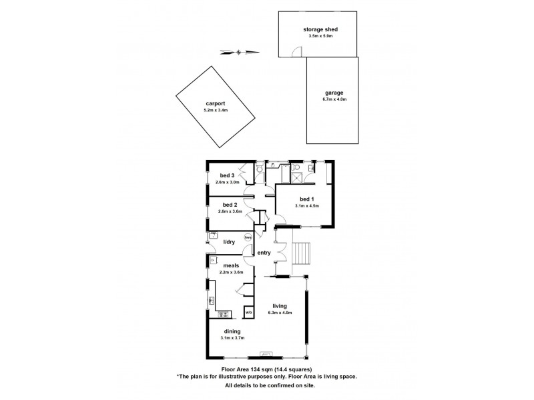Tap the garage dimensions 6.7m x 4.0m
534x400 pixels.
334,99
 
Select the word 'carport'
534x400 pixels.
214,103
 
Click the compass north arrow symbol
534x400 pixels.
239,51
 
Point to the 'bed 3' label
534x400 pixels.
227,175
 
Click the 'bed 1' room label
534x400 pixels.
306,199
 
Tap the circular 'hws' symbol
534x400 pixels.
248,237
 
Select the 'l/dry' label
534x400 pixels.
229,242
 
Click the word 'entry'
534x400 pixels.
263,252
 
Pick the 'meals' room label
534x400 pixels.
230,265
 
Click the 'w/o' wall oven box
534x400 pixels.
248,312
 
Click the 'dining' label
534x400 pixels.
232,331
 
